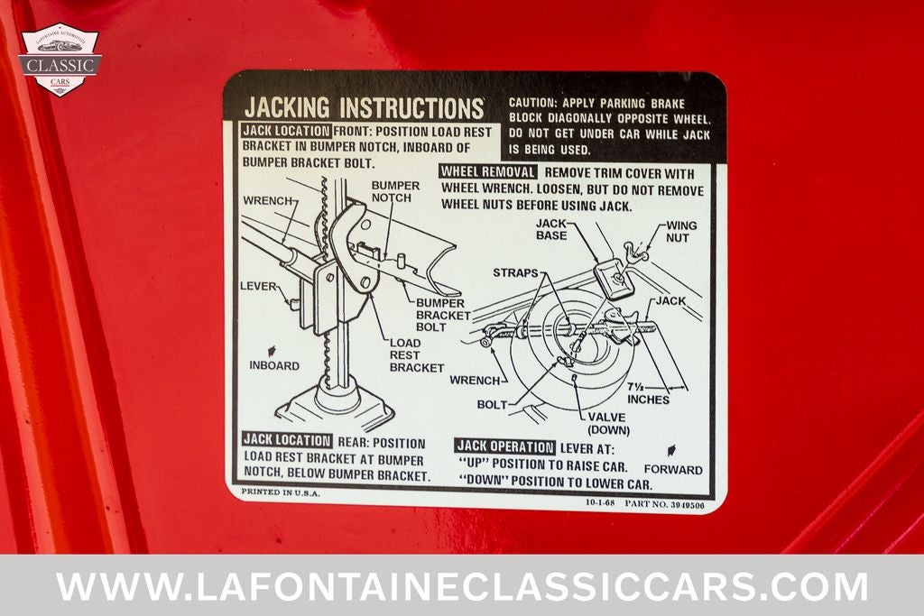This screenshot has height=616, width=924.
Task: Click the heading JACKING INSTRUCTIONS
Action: (365, 107)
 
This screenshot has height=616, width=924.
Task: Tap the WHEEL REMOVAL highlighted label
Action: (488, 172)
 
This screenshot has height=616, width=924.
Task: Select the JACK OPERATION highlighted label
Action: (505, 447)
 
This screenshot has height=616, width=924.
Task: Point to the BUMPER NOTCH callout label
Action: (395, 191)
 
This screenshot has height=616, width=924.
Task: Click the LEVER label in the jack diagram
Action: (258, 286)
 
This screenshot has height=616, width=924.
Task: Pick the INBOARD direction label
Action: (274, 365)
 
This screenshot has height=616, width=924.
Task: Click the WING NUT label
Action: (681, 232)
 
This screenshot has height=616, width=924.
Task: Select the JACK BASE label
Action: (551, 229)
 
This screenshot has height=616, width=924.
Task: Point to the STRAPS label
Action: (515, 272)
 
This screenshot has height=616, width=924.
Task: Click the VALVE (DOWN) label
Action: (608, 424)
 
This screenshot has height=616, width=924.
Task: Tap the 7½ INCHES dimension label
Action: (648, 393)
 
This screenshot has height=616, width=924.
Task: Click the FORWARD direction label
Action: (673, 470)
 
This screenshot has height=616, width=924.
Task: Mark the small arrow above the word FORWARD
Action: (670, 451)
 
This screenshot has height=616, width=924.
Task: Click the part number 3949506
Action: (687, 504)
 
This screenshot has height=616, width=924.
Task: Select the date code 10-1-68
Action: (600, 503)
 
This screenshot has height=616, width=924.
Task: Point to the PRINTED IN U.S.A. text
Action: (281, 492)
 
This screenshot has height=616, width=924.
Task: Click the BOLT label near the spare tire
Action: (492, 405)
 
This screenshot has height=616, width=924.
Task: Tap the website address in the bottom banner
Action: (462, 586)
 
